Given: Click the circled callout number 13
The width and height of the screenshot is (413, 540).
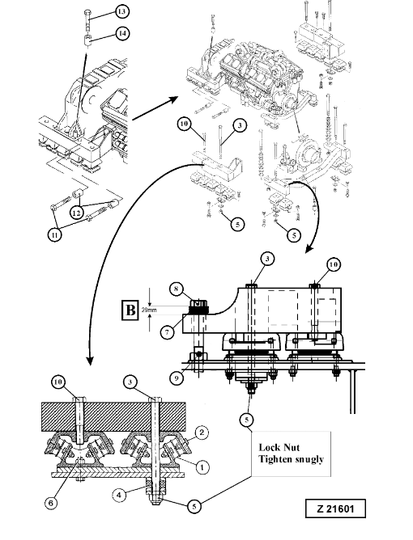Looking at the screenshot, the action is point(121,12).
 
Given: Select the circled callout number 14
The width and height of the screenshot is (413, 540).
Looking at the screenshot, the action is point(122,34).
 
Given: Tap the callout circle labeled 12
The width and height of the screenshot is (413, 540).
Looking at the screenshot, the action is point(77,213).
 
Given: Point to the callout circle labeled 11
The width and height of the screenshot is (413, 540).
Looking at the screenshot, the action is point(54,235).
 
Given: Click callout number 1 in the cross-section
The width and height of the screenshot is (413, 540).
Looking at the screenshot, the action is point(202,467).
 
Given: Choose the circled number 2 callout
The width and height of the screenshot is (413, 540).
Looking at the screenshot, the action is point(202,432).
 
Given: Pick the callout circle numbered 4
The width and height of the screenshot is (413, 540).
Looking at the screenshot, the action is point(119,496).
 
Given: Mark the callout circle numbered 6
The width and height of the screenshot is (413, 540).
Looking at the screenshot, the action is point(50,503).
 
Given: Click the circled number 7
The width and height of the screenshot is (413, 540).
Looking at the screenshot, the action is point(168,332).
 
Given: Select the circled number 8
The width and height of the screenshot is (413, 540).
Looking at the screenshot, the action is point(177,289).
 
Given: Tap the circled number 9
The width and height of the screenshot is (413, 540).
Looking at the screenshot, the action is point(177,378).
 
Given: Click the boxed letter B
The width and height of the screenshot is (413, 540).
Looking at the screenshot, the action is point(130,310).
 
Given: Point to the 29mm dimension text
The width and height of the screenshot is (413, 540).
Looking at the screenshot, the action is point(149,310).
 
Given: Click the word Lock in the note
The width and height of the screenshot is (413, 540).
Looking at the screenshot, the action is point(269,447).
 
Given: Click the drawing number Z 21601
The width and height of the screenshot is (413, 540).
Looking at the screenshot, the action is point(335,508).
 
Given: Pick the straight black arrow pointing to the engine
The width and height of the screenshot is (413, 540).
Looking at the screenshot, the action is point(155,108).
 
